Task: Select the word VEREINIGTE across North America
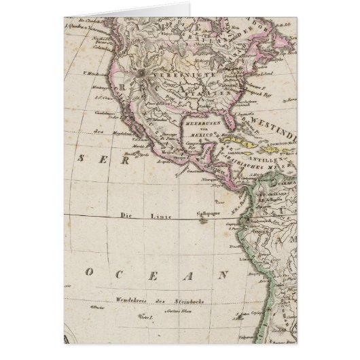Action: point(179,76)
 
